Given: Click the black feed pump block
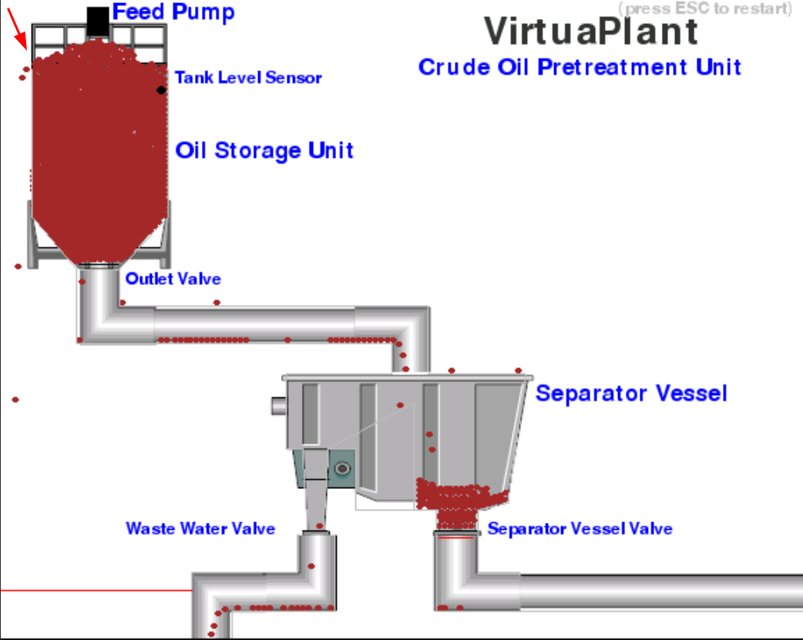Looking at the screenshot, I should pyautogui.click(x=97, y=22).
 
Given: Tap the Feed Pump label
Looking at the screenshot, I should pyautogui.click(x=173, y=12).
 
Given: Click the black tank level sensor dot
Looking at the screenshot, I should pyautogui.click(x=161, y=90).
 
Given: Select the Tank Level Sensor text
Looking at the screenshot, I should pyautogui.click(x=248, y=78).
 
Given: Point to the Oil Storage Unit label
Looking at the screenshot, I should pyautogui.click(x=264, y=149).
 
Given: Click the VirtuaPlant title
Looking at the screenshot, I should pyautogui.click(x=591, y=32).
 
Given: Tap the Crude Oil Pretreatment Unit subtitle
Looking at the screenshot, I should pyautogui.click(x=580, y=67).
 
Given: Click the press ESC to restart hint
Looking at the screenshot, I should pyautogui.click(x=704, y=8).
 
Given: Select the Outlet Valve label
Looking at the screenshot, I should pyautogui.click(x=173, y=278).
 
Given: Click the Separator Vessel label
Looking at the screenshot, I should pyautogui.click(x=631, y=394).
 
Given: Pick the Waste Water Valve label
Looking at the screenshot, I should pyautogui.click(x=200, y=528).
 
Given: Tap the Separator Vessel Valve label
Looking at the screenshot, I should pyautogui.click(x=580, y=529).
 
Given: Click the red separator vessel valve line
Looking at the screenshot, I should pyautogui.click(x=455, y=538).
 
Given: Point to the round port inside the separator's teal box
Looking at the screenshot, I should pyautogui.click(x=342, y=468).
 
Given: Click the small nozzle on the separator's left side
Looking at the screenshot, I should pyautogui.click(x=278, y=405).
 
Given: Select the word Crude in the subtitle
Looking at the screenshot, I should pyautogui.click(x=449, y=67).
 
